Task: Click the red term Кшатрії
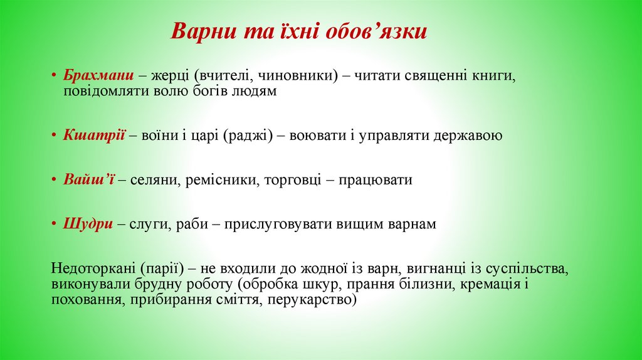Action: [95, 135]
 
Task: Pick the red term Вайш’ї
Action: [87, 180]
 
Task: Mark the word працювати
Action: [376, 180]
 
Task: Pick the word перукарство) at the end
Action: [311, 300]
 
